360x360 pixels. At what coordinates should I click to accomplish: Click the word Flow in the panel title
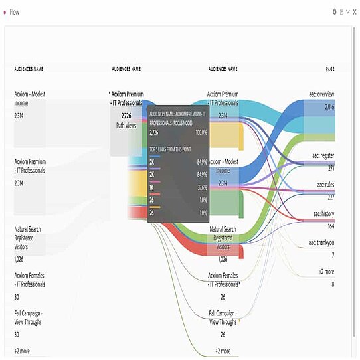[14, 12]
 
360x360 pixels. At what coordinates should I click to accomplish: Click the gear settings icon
[334, 12]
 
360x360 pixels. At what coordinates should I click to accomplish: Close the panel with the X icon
[355, 12]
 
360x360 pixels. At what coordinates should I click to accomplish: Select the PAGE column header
[330, 69]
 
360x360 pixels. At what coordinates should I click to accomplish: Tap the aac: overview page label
[322, 94]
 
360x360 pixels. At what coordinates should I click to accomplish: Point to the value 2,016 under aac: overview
[329, 107]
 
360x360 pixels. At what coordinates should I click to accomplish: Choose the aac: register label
[323, 156]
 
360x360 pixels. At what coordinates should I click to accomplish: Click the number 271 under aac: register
[330, 169]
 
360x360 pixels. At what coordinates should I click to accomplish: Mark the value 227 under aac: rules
[330, 197]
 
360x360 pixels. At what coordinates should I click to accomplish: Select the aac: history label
[324, 214]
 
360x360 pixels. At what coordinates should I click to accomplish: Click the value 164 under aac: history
[330, 226]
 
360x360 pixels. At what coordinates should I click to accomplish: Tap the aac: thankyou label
[321, 243]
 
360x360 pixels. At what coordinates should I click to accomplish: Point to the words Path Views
[127, 124]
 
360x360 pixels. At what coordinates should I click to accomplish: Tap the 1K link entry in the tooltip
[153, 187]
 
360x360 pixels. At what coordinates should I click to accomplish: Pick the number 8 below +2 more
[333, 284]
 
